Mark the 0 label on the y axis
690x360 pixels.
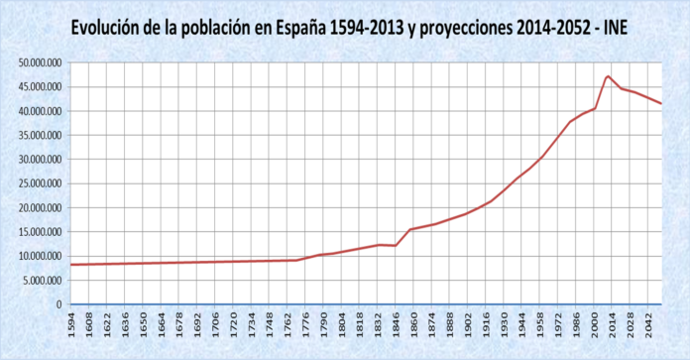tap(60, 304)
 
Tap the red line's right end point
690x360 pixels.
tap(661, 103)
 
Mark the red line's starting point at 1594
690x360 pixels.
tap(72, 265)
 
